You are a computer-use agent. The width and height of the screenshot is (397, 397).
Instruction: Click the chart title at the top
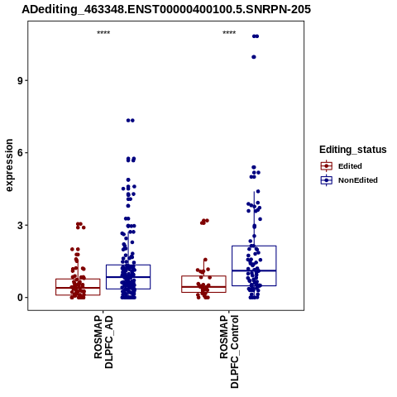pyautogui.click(x=166, y=9)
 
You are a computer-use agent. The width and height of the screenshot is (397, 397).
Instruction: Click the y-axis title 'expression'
pyautogui.click(x=9, y=165)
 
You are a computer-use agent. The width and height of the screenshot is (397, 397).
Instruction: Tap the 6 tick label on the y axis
pyautogui.click(x=20, y=153)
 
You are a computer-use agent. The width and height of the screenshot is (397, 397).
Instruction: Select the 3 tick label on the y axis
pyautogui.click(x=20, y=225)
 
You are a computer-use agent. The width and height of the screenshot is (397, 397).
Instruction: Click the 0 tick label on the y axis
pyautogui.click(x=20, y=298)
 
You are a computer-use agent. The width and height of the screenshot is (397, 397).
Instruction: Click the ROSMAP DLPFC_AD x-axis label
pyautogui.click(x=103, y=342)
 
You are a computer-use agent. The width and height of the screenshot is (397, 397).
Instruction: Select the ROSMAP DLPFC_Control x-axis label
pyautogui.click(x=229, y=352)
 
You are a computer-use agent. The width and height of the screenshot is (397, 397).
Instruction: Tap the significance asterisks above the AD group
pyautogui.click(x=103, y=33)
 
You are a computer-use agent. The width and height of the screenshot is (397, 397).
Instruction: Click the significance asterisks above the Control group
pyautogui.click(x=229, y=33)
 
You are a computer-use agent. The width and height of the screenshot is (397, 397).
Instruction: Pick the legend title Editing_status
pyautogui.click(x=353, y=150)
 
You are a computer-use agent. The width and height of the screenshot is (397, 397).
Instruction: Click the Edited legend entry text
pyautogui.click(x=350, y=166)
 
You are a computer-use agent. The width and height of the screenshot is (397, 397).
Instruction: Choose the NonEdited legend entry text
pyautogui.click(x=358, y=180)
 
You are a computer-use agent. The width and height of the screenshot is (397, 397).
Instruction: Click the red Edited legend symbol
pyautogui.click(x=327, y=166)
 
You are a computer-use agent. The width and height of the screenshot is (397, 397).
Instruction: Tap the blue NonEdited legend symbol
pyautogui.click(x=327, y=180)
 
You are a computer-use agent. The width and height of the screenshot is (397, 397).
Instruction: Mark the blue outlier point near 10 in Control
pyautogui.click(x=254, y=57)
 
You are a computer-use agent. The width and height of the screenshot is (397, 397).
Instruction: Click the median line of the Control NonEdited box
pyautogui.click(x=254, y=270)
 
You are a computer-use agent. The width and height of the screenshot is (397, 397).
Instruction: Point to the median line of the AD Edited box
pyautogui.click(x=78, y=288)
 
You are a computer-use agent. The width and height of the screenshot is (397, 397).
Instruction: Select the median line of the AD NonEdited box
pyautogui.click(x=128, y=277)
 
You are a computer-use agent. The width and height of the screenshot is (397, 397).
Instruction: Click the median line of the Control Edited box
pyautogui.click(x=203, y=287)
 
